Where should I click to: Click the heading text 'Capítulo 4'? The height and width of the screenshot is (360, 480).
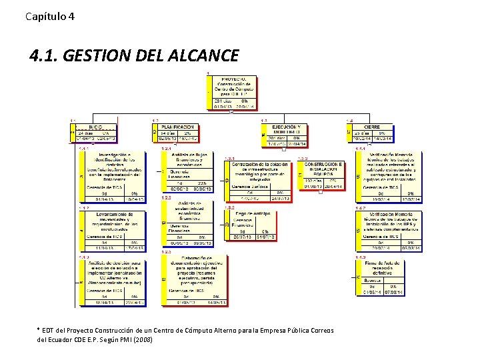click(50, 15)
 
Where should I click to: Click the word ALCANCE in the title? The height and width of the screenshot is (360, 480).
click(199, 55)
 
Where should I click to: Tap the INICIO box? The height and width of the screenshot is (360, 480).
click(95, 133)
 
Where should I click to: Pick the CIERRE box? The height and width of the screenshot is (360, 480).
click(371, 133)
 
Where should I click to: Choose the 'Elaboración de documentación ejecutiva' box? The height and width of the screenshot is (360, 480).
click(188, 280)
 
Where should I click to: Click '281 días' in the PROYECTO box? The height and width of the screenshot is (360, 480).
click(223, 101)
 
